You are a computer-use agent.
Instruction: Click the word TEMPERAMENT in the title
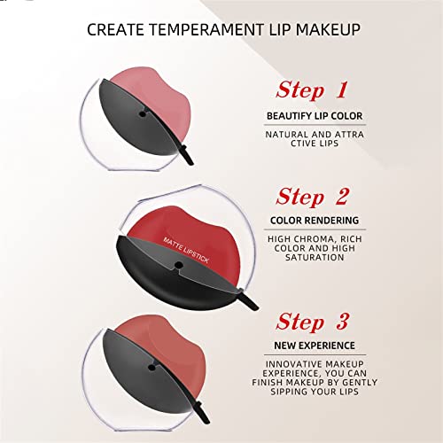[206, 30]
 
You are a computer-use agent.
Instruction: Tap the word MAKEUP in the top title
[328, 30]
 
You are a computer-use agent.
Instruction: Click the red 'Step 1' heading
[312, 89]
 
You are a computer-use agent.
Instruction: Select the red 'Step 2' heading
[313, 197]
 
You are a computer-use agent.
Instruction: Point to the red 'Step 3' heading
[313, 322]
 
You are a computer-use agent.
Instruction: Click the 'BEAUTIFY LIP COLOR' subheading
[315, 116]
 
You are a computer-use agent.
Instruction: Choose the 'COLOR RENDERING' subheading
[315, 221]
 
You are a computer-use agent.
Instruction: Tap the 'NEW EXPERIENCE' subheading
[315, 346]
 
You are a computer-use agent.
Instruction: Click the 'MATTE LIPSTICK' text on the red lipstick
[186, 250]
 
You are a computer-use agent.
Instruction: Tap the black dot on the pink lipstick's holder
[143, 114]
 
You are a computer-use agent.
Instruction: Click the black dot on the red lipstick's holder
[178, 265]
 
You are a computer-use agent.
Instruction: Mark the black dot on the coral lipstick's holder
[152, 368]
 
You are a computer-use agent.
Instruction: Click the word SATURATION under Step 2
[315, 257]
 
